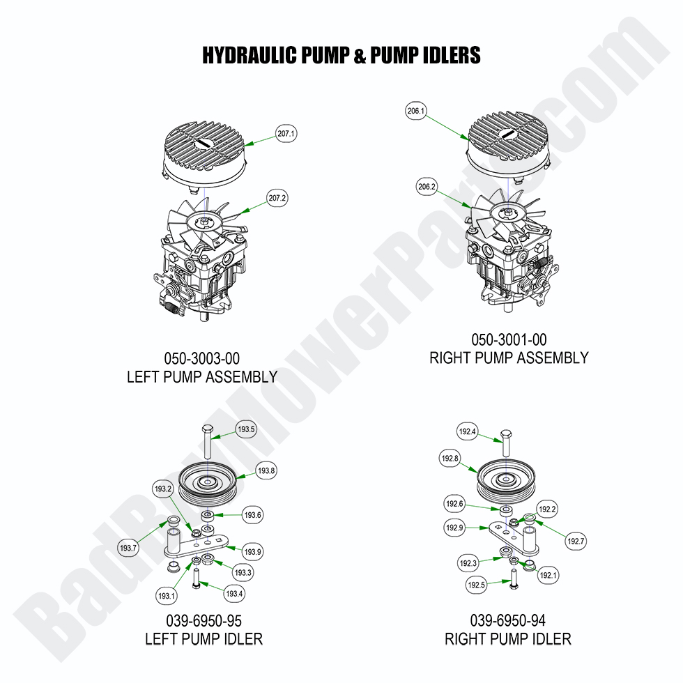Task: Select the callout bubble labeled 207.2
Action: click(277, 198)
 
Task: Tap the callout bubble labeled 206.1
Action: click(415, 111)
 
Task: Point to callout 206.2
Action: click(427, 187)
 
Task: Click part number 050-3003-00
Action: click(202, 359)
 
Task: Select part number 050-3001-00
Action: click(509, 340)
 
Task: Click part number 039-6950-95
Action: click(204, 620)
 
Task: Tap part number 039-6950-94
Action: click(507, 620)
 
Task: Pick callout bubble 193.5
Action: click(247, 429)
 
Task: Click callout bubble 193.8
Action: click(266, 472)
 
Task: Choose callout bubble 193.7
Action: click(128, 548)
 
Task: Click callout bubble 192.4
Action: click(468, 432)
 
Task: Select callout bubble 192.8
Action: click(449, 459)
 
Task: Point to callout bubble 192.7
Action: click(576, 540)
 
